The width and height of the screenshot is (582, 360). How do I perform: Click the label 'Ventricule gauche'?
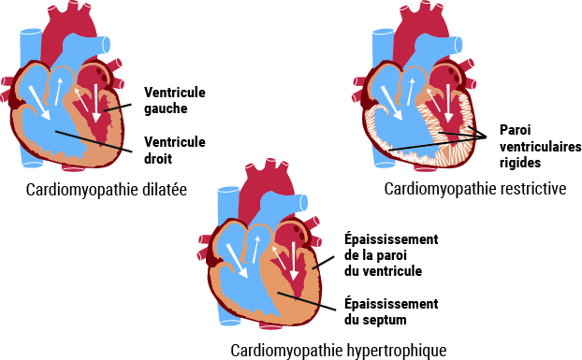tap(174, 100)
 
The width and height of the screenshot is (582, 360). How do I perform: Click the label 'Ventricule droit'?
tap(174, 149)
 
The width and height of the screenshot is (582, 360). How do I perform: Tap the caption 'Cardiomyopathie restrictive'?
tap(475, 189)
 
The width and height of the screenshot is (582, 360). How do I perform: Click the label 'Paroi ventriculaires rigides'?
tap(540, 147)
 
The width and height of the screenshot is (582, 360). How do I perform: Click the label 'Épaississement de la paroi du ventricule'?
tap(384, 255)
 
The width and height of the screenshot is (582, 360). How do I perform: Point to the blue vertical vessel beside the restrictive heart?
tap(383, 51)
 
